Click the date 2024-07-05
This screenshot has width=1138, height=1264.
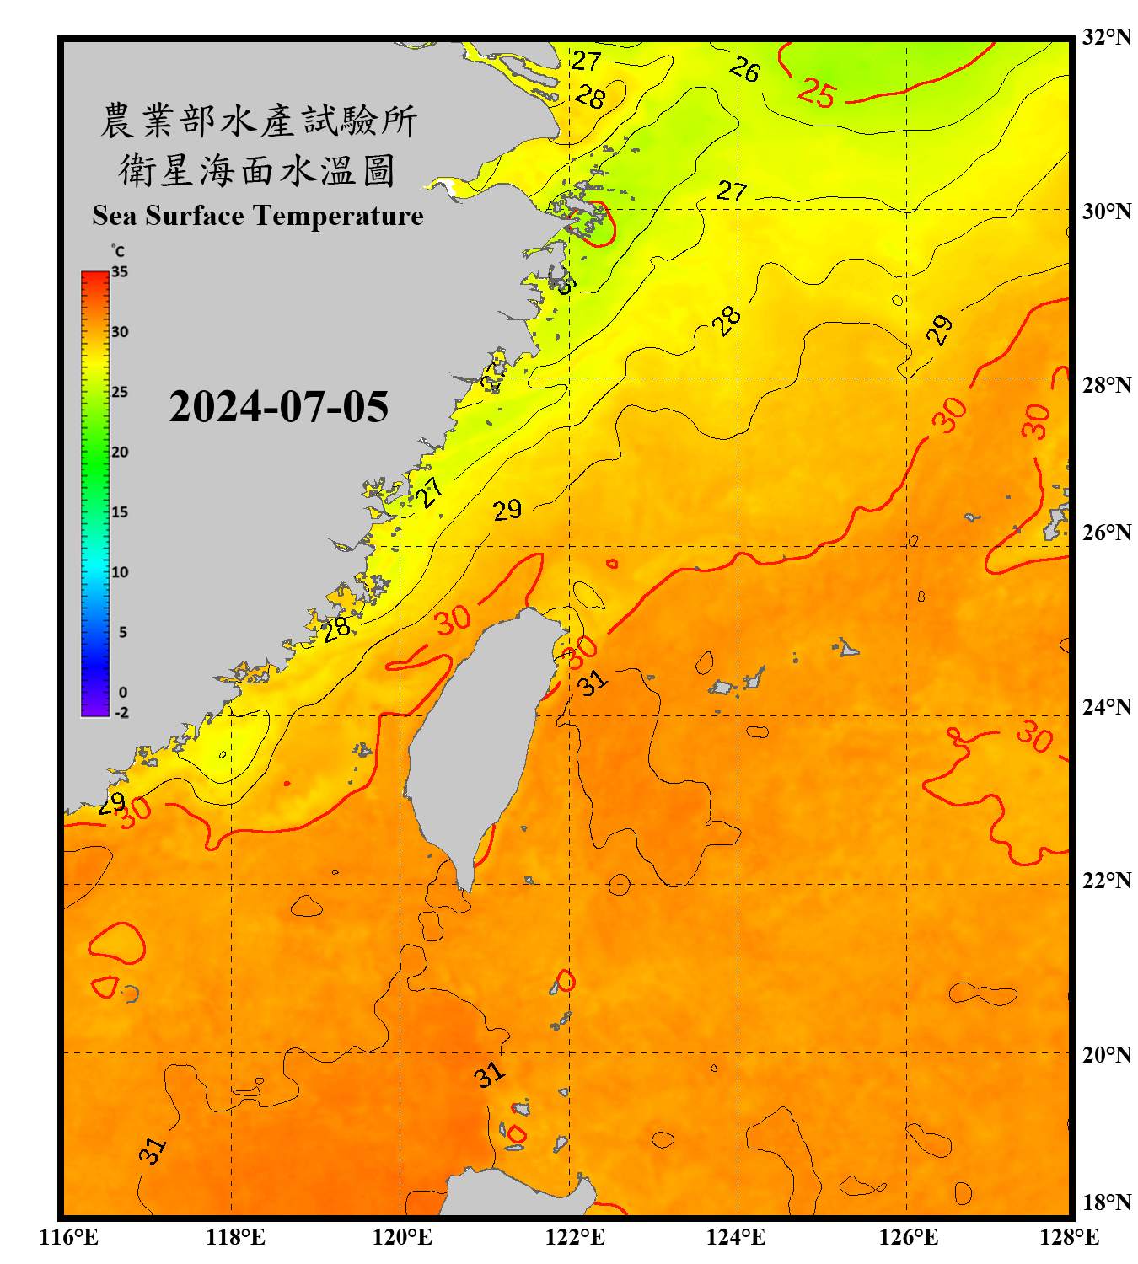278,407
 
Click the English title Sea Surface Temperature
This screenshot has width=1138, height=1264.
257,216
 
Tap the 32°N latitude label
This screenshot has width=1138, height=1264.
1106,37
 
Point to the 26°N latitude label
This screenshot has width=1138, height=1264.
1106,533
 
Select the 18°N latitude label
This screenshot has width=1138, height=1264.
1106,1202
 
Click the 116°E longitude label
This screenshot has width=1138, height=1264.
69,1237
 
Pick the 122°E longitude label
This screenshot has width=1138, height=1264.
575,1237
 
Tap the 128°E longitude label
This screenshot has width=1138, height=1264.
1069,1237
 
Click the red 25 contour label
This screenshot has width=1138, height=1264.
816,93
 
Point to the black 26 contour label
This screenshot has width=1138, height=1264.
744,69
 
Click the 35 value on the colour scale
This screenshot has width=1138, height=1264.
120,272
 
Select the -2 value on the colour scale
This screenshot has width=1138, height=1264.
121,713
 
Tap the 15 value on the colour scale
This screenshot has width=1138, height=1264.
120,512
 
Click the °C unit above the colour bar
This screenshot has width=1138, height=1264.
118,251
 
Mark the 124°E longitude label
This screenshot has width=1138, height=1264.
736,1237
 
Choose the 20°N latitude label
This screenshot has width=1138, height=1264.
1106,1054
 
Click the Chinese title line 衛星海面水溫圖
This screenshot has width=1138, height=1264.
257,171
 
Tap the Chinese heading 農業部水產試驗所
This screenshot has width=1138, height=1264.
258,121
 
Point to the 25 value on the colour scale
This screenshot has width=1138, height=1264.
120,392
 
